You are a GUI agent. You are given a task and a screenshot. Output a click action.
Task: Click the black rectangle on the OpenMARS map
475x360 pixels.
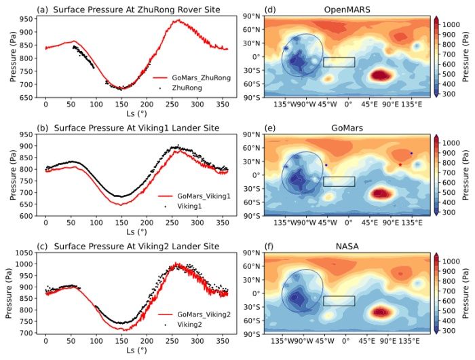[x=339, y=62]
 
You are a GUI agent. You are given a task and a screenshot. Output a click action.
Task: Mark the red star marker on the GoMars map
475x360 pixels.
[x=400, y=164]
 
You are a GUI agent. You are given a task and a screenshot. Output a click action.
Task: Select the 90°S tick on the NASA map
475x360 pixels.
[x=250, y=334]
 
